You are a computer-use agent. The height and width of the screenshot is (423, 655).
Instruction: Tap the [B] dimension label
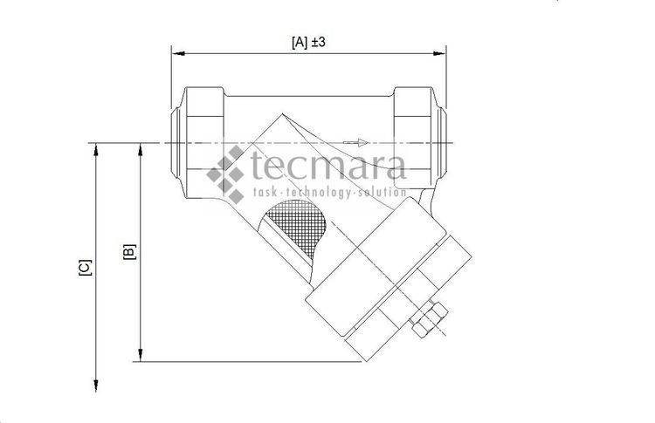pos(128,252)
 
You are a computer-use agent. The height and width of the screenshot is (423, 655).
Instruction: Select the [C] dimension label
pos(85,267)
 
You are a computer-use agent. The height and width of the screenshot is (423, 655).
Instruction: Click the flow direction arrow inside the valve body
pos(353,142)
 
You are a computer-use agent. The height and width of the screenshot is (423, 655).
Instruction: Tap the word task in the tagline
pos(265,192)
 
